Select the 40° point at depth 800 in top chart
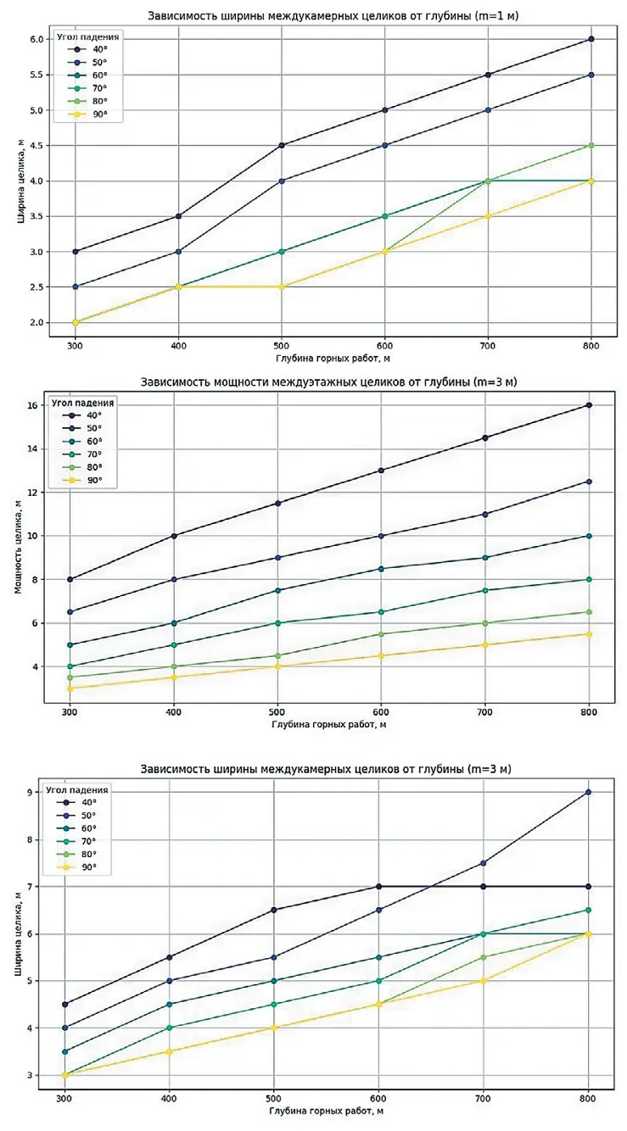click(591, 39)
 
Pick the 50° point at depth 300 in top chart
click(75, 287)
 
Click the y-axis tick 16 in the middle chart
click(35, 405)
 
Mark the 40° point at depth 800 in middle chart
click(588, 405)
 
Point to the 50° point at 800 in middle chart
click(588, 482)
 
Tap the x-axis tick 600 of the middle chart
click(381, 712)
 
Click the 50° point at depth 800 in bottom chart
click(588, 792)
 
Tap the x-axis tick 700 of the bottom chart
click(484, 1097)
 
